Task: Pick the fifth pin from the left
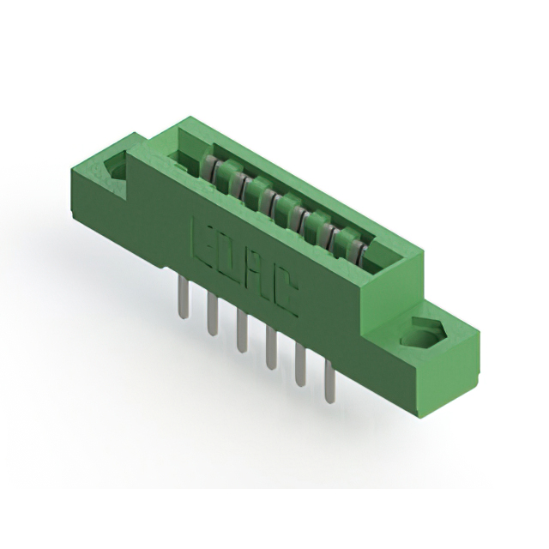pyautogui.click(x=300, y=365)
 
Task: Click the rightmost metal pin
pyautogui.click(x=329, y=382)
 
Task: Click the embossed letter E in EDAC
pyautogui.click(x=202, y=238)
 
